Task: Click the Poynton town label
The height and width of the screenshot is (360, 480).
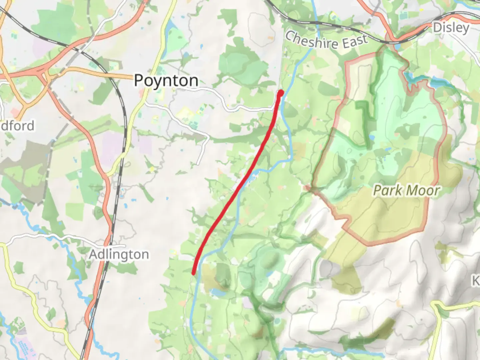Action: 166,81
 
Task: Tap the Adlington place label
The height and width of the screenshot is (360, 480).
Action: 119,255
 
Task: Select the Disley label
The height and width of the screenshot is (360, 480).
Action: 451,28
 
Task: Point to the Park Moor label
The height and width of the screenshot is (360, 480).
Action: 406,191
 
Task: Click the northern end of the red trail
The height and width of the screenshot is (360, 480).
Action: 281,92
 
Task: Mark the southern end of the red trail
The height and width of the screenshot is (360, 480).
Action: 193,273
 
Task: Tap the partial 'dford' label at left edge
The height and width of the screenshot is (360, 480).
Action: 17,126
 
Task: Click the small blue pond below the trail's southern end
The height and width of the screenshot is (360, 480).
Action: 218,293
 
